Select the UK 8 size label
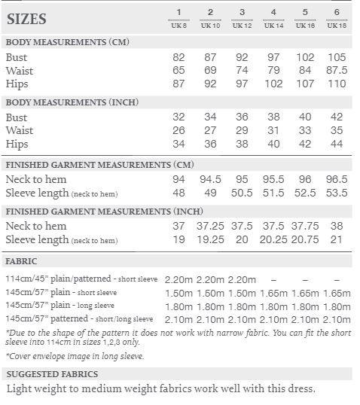click(178, 25)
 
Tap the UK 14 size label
click(273, 25)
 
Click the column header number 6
click(336, 13)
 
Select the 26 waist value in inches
click(178, 131)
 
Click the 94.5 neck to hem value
click(210, 179)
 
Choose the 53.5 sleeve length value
click(336, 193)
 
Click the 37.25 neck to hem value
click(210, 226)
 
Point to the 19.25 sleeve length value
click(210, 239)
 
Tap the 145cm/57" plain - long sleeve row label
click(71, 306)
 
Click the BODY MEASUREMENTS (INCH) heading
click(72, 102)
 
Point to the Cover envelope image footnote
click(75, 356)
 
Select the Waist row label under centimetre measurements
click(20, 71)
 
